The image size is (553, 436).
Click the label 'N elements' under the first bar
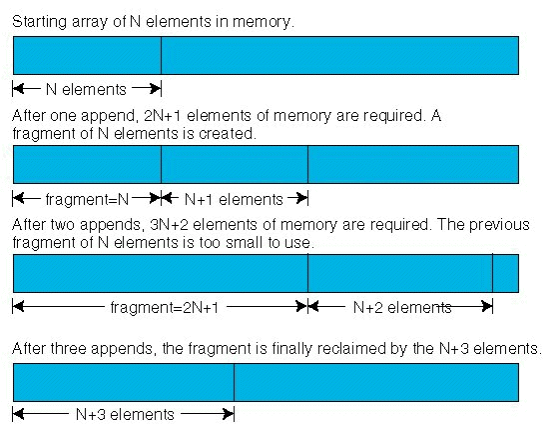pos(86,89)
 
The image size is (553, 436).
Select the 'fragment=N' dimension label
pos(87,199)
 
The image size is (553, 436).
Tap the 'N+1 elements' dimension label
pos(234,199)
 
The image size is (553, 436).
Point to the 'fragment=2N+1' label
pos(165,307)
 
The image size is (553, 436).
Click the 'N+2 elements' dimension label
pos(402,307)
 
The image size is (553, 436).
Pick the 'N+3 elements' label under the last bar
pos(125,414)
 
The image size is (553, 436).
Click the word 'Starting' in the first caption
pos(39,22)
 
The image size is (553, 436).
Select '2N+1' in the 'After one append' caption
pos(163,116)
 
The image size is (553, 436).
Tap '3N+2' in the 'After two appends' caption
pos(169,225)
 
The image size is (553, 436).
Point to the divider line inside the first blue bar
pos(161,55)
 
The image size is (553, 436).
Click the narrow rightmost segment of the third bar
pos(505,273)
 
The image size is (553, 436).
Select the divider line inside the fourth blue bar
pos(235,382)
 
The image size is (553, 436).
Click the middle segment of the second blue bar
pos(235,164)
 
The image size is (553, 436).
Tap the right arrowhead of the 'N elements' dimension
pos(156,89)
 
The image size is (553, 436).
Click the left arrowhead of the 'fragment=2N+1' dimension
pos(18,306)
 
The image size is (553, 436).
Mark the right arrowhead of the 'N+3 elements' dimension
pos(229,414)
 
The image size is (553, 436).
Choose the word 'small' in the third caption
pos(243,243)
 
